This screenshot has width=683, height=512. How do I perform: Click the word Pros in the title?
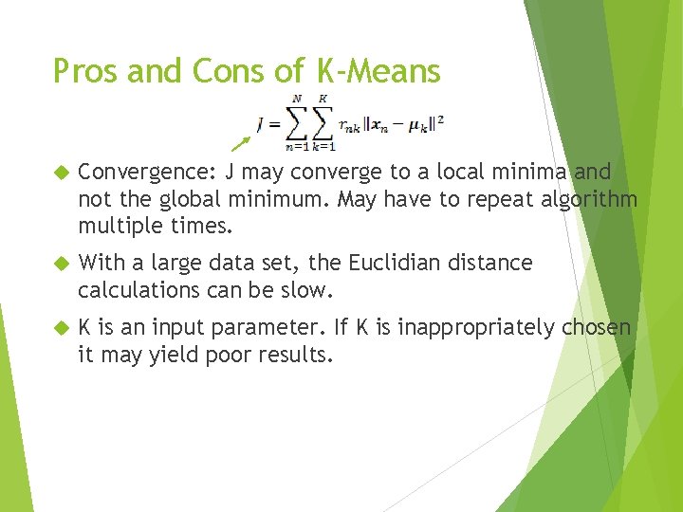click(x=82, y=71)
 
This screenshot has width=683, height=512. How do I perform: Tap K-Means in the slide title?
click(x=374, y=71)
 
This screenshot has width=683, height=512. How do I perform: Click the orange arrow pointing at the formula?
click(x=242, y=143)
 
